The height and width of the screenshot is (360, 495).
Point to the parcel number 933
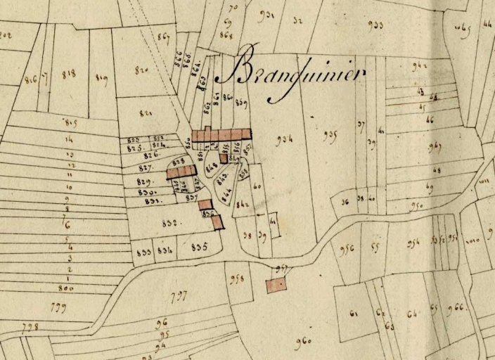click(375, 25)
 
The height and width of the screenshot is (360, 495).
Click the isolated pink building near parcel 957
click(276, 285)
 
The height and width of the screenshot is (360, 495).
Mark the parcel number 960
click(304, 342)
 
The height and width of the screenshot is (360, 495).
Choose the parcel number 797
click(179, 296)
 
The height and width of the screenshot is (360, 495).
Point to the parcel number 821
click(146, 113)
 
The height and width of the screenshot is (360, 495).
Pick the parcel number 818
click(69, 74)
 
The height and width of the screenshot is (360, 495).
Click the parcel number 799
click(54, 307)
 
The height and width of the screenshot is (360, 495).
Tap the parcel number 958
click(237, 279)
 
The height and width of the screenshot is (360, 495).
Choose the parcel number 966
click(456, 307)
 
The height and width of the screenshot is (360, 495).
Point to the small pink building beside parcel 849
click(223, 159)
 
